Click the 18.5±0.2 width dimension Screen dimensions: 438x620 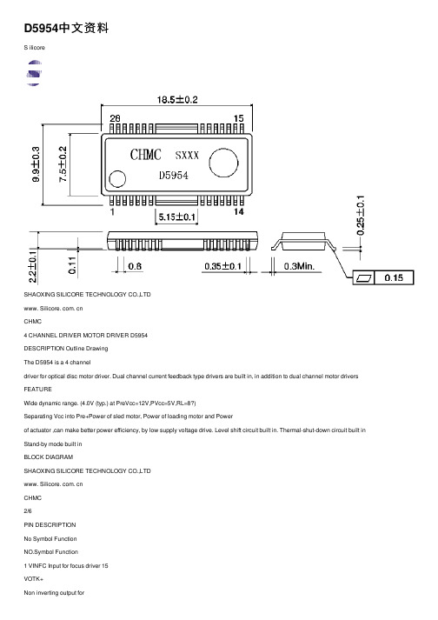(177, 99)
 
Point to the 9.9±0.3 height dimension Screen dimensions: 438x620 (36, 164)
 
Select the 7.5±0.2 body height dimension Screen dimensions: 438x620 (63, 164)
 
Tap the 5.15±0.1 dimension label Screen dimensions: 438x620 (176, 217)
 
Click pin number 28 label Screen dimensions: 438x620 (115, 118)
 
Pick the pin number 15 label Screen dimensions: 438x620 (238, 118)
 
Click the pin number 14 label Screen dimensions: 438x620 (238, 211)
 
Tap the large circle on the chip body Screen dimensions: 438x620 (223, 163)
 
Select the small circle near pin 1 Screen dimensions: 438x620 (117, 179)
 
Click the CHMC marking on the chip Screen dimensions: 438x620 (145, 154)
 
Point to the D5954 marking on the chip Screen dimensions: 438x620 (174, 175)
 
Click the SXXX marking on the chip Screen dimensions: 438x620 (187, 155)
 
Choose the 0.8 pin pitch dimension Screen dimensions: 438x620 (135, 266)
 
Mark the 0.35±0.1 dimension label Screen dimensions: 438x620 (222, 266)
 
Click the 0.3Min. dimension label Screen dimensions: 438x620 (299, 266)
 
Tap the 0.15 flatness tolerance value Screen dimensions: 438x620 (394, 277)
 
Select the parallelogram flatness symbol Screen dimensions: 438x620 (363, 278)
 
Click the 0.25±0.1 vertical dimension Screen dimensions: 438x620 (361, 215)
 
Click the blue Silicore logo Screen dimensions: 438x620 (34, 73)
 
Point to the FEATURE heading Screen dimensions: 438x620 (37, 389)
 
